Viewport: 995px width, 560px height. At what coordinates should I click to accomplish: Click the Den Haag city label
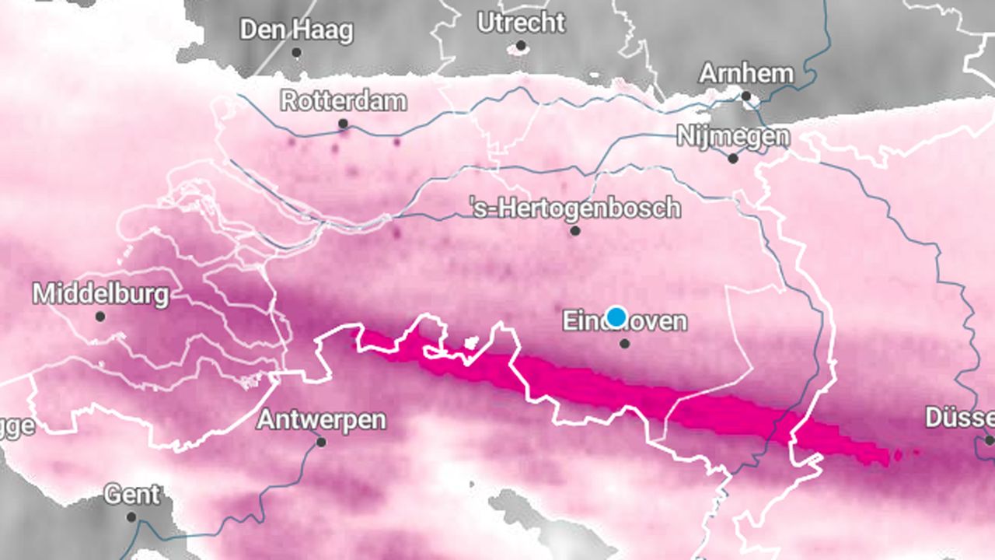pyautogui.click(x=296, y=30)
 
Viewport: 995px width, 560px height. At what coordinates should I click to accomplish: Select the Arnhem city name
pyautogui.click(x=746, y=74)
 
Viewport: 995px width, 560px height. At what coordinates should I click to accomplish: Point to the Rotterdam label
pyautogui.click(x=343, y=101)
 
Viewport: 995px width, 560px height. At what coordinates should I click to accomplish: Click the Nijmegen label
pyautogui.click(x=733, y=136)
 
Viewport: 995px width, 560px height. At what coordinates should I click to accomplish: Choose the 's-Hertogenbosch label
pyautogui.click(x=575, y=208)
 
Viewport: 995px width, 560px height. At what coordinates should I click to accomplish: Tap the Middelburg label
pyautogui.click(x=100, y=294)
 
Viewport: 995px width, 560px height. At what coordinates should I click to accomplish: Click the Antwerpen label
pyautogui.click(x=321, y=420)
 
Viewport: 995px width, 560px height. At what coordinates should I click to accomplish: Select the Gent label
pyautogui.click(x=132, y=495)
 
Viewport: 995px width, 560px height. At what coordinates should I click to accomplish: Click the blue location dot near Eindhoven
pyautogui.click(x=616, y=317)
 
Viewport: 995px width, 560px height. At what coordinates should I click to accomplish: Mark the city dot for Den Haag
pyautogui.click(x=296, y=53)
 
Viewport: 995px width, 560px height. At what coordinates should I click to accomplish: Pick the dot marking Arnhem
pyautogui.click(x=746, y=96)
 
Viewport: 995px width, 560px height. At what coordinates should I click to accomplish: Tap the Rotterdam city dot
pyautogui.click(x=343, y=124)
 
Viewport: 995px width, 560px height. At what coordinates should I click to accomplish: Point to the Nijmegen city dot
pyautogui.click(x=733, y=159)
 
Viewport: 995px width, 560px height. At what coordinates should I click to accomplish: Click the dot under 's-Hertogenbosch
pyautogui.click(x=575, y=231)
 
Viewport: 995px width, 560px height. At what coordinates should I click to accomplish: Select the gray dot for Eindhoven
pyautogui.click(x=625, y=343)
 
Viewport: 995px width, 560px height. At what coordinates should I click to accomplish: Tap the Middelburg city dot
pyautogui.click(x=100, y=317)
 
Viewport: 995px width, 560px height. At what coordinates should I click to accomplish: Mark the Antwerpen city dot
pyautogui.click(x=321, y=443)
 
